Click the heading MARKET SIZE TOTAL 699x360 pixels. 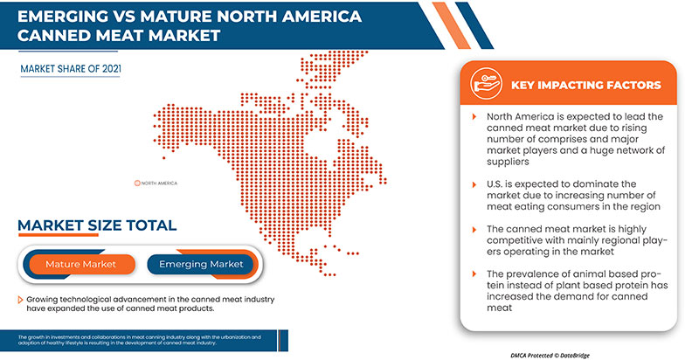[98, 226]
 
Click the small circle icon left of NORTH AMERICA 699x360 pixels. [137, 183]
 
